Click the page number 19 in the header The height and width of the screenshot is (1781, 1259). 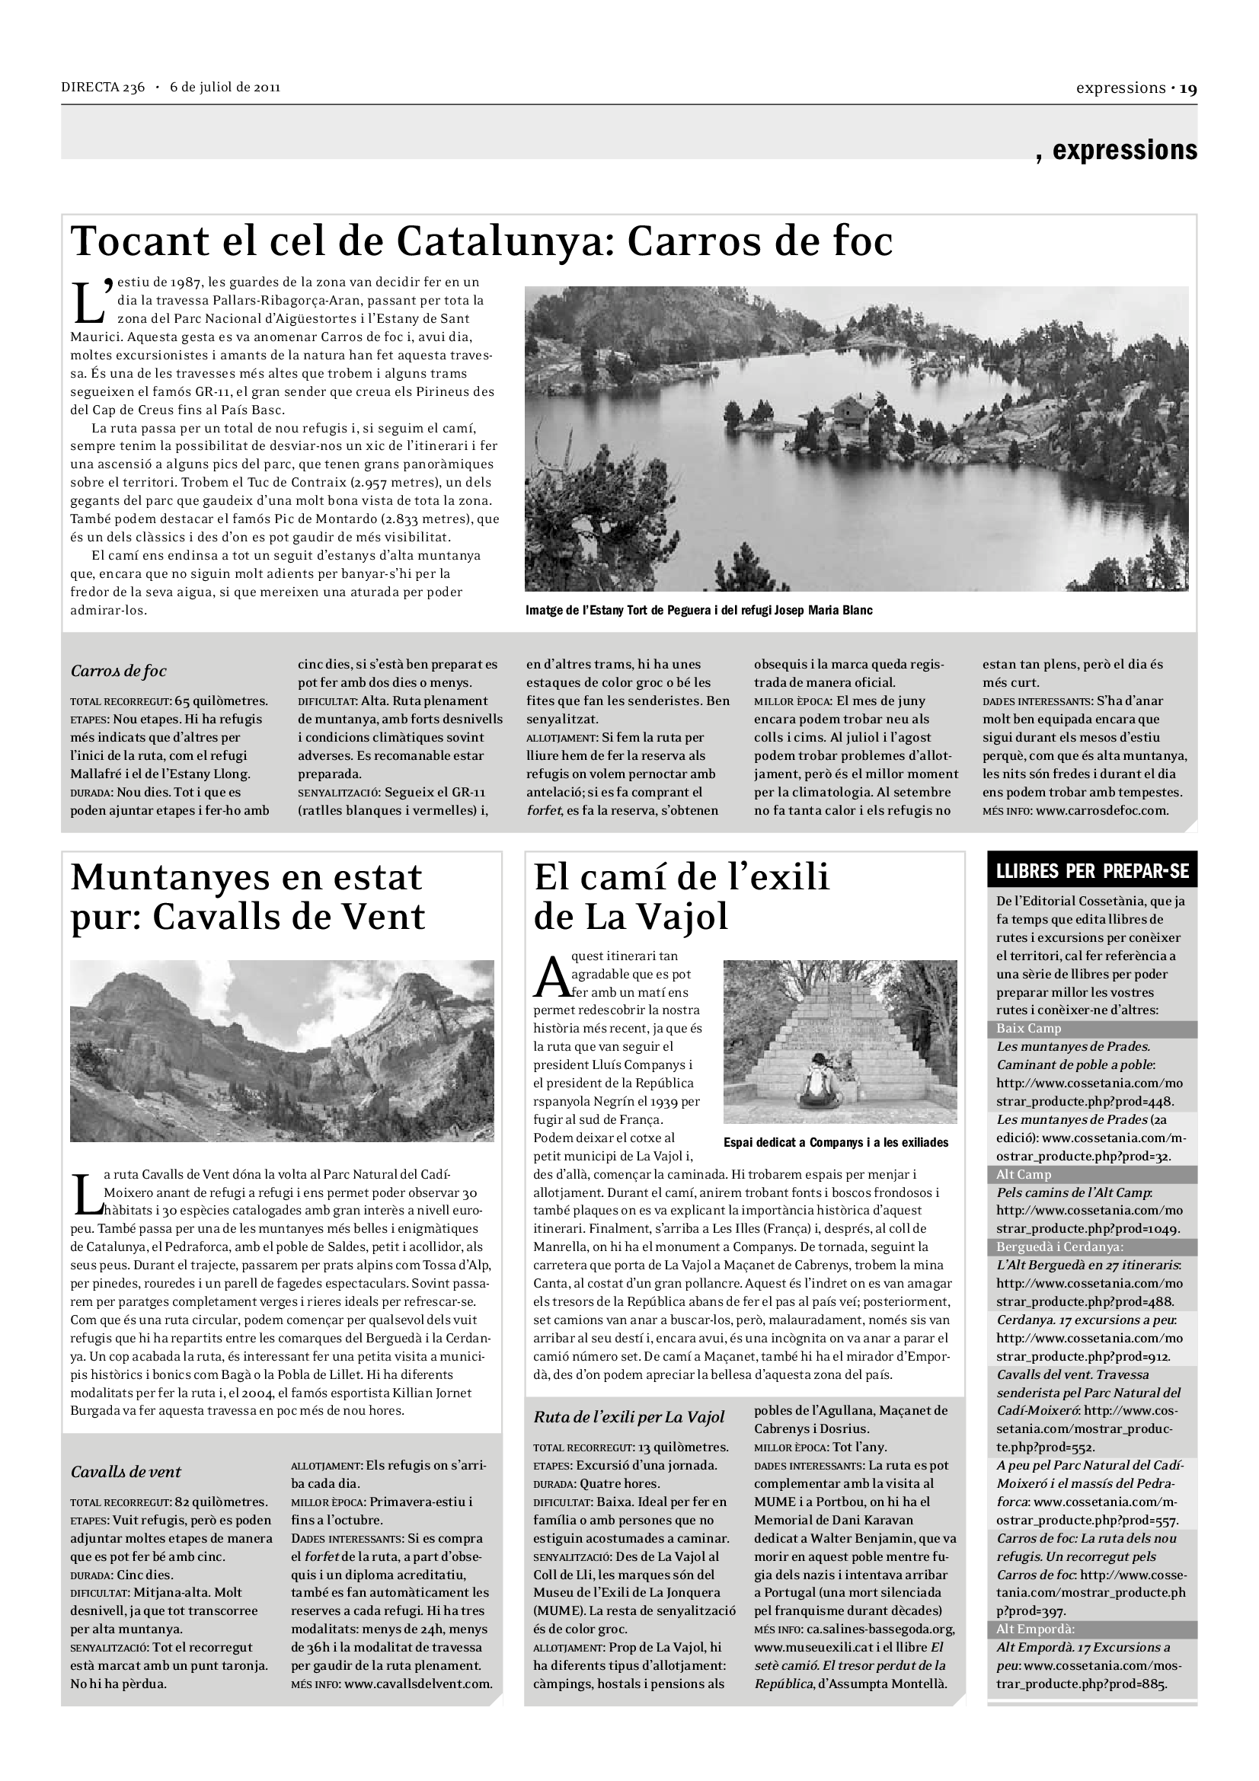1188,88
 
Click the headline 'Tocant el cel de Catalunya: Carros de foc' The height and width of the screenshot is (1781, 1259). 481,241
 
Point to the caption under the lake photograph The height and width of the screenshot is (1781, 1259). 698,611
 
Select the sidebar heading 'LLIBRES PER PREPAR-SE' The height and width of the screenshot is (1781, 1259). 1091,871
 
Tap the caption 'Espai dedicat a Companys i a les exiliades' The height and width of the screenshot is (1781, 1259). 836,1143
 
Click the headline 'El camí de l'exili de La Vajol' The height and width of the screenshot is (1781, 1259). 681,897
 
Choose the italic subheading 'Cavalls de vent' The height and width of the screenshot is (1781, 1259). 126,1473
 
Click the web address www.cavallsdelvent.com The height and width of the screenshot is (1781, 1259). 418,1684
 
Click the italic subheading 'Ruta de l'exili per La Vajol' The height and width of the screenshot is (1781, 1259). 628,1417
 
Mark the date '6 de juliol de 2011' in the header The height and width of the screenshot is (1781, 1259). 225,87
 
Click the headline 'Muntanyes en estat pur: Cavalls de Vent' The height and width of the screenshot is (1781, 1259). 248,897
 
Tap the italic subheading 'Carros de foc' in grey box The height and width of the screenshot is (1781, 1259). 118,671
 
